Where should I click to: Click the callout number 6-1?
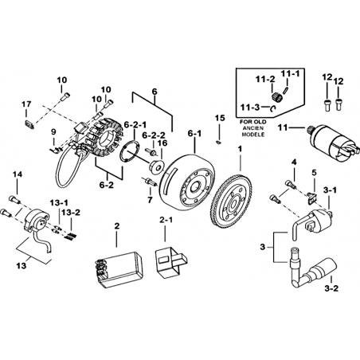[194, 134]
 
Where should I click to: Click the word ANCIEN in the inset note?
[253, 128]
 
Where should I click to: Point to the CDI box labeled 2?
[119, 268]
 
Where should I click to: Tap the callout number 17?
[26, 104]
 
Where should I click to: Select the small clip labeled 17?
[29, 125]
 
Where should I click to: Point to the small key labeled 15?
[218, 143]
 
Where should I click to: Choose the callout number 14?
[18, 174]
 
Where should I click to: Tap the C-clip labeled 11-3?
[273, 108]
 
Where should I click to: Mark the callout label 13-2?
[71, 213]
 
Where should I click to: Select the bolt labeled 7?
[150, 182]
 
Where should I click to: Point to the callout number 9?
[53, 131]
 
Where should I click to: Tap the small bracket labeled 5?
[311, 198]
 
